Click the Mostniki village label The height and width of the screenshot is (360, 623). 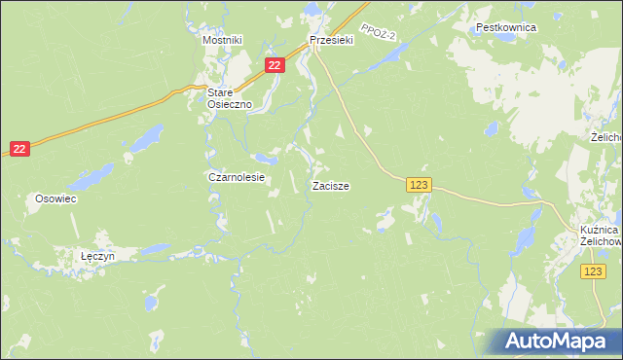coord(221,40)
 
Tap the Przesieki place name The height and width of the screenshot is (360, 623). coord(330,40)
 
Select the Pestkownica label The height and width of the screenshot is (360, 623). coord(506,28)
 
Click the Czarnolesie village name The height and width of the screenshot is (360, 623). coord(237,178)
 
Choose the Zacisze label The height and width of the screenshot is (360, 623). coord(331,185)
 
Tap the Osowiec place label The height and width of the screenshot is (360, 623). coord(55,198)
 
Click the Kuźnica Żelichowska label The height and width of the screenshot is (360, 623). coord(595,234)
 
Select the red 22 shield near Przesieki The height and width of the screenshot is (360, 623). coord(275,65)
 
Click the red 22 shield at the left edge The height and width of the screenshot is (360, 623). coord(19,148)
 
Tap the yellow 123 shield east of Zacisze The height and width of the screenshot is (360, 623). coord(419,185)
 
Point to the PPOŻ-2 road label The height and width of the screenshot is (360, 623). coord(375,33)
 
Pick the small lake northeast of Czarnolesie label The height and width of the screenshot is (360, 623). coord(264,157)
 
